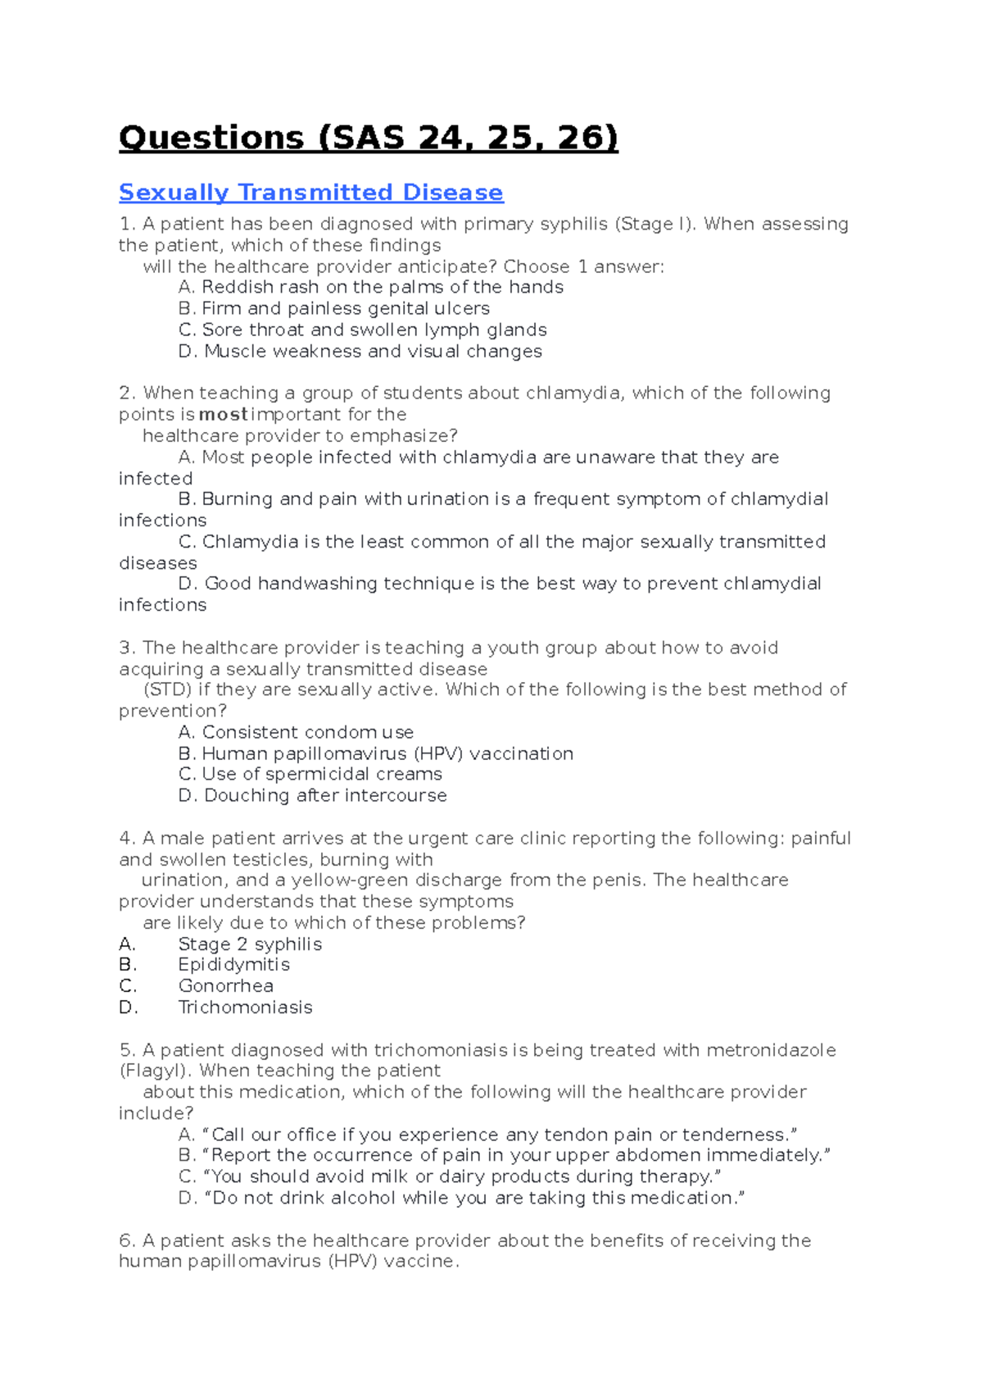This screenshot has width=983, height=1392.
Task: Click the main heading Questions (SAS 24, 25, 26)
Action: coord(368,138)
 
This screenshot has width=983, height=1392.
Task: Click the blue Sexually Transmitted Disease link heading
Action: coord(310,193)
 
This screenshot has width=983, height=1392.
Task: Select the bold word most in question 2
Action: coord(223,415)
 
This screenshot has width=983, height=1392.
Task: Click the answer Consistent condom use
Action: coord(307,732)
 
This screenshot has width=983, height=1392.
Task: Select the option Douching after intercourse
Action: coord(324,796)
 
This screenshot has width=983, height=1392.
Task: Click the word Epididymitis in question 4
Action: coord(233,965)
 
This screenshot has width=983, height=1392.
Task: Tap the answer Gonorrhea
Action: coord(225,986)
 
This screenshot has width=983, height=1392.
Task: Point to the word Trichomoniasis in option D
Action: coord(245,1008)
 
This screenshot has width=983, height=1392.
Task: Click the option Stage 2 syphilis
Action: coord(249,944)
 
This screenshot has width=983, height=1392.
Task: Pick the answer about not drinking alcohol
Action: coord(473,1199)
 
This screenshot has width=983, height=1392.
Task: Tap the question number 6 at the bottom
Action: coord(126,1241)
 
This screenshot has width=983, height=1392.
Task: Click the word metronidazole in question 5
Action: coord(770,1050)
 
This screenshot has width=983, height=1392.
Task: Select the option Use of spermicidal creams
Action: coord(321,775)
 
